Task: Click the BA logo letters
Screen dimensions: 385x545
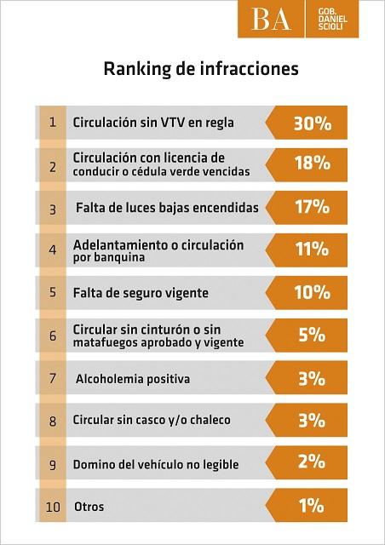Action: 271,20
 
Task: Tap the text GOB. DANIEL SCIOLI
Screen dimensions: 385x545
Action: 332,19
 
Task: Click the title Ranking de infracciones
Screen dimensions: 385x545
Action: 201,69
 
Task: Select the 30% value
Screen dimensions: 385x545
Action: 313,123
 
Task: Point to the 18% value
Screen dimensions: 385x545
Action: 313,163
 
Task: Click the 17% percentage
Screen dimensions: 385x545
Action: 312,206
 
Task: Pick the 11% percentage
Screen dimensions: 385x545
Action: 312,249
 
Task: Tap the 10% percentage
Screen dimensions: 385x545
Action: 312,292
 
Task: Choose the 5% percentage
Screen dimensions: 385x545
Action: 312,335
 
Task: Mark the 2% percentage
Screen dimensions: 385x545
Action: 312,462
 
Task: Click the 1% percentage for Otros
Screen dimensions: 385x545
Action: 311,505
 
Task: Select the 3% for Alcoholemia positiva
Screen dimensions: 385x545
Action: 312,378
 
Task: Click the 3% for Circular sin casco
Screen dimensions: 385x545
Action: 312,420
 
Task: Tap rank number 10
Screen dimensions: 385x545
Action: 53,508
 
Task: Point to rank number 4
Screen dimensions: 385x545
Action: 53,250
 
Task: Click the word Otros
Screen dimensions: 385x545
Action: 89,507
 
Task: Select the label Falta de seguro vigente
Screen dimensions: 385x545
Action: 141,293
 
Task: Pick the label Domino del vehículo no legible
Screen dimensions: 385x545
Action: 156,464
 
